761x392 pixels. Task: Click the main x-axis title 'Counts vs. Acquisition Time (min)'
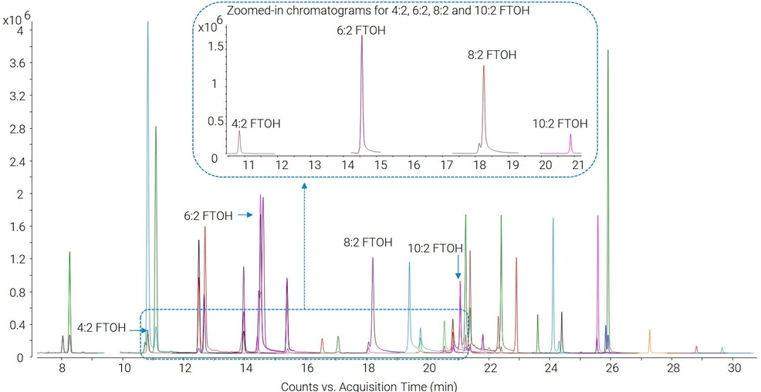point(369,386)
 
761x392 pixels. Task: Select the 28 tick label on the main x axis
point(671,368)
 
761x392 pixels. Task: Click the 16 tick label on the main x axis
point(306,368)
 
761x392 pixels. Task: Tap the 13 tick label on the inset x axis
point(315,165)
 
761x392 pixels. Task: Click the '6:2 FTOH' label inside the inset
point(361,31)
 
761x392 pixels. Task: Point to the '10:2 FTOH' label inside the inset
point(560,123)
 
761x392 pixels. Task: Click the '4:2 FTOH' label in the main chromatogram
point(101,327)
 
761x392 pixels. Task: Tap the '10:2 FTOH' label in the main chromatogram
point(435,249)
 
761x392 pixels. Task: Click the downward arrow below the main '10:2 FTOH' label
point(458,267)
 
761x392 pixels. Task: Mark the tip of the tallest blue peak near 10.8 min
point(148,22)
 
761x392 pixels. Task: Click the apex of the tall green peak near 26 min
point(607,50)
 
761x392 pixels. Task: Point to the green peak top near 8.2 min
point(69,252)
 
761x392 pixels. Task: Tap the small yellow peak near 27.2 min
point(649,330)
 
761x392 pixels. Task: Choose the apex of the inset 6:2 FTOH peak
point(361,36)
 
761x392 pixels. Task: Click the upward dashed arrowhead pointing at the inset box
point(304,186)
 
